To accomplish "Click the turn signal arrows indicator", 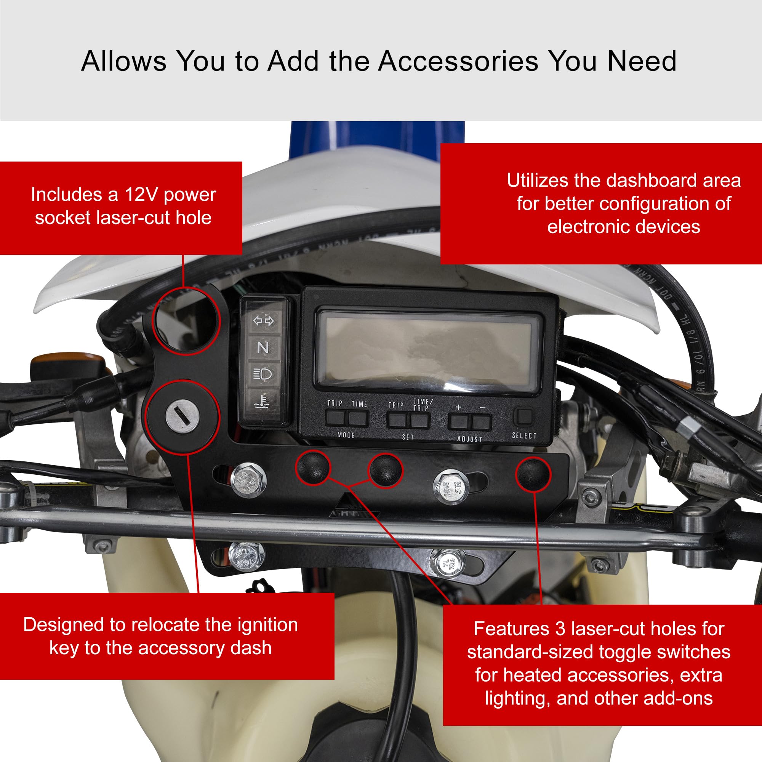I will pyautogui.click(x=263, y=321).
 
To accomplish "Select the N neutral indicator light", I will pyautogui.click(x=263, y=347).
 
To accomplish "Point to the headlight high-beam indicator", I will pyautogui.click(x=263, y=373).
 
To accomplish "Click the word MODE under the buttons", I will pyautogui.click(x=346, y=435).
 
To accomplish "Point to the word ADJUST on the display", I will pyautogui.click(x=469, y=439).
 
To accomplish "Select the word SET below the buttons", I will pyautogui.click(x=408, y=437).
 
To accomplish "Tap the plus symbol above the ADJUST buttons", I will pyautogui.click(x=458, y=407).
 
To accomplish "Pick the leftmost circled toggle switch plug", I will pyautogui.click(x=312, y=467).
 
